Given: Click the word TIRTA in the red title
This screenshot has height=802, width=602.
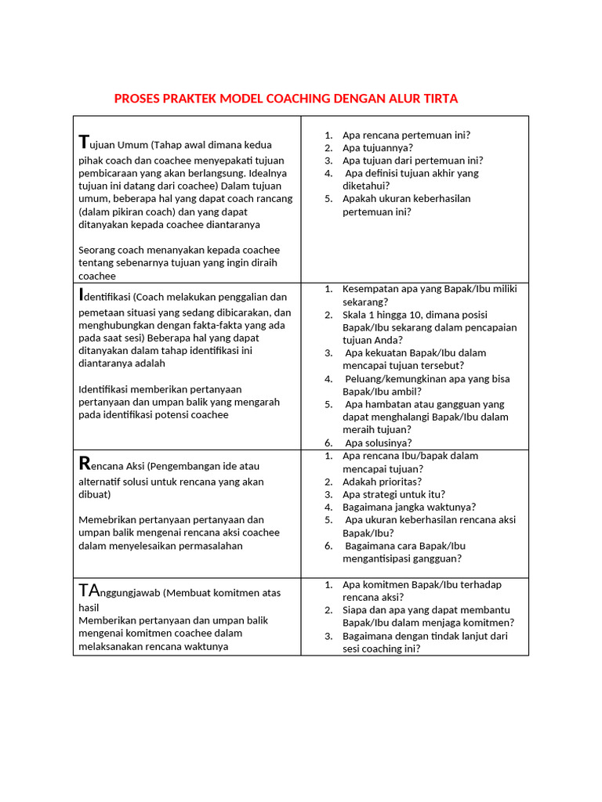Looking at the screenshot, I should [441, 99].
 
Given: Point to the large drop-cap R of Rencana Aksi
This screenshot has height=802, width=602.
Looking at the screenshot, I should [85, 464].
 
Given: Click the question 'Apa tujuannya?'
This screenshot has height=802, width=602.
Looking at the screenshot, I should [377, 147].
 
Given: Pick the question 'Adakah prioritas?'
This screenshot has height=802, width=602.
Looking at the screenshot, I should [382, 482].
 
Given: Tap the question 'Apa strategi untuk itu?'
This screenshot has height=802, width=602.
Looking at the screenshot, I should [393, 494].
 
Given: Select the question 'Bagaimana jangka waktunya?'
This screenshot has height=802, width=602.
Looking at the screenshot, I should [408, 507].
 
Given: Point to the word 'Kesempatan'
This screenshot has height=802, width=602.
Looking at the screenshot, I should [370, 289].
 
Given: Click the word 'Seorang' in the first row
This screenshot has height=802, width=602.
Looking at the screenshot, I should [97, 250].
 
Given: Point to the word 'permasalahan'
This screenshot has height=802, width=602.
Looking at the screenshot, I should [212, 545].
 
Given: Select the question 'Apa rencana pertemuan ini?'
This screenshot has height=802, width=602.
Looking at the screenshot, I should [406, 135].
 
